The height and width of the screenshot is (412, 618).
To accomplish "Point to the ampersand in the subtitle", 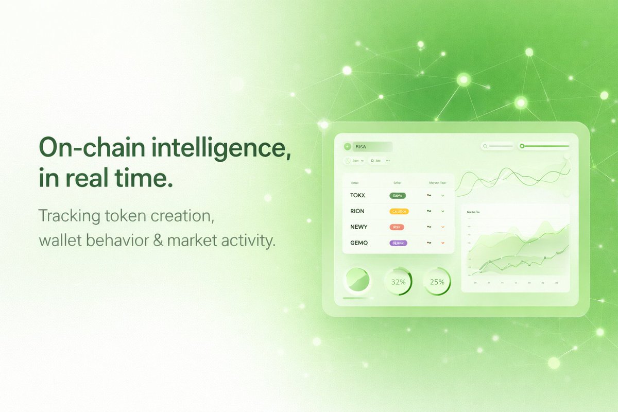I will (x=158, y=239).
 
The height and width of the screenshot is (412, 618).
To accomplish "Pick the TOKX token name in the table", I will (x=357, y=196).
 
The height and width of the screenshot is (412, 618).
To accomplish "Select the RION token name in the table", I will (x=357, y=211).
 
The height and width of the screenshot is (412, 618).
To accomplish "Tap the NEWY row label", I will (x=358, y=227).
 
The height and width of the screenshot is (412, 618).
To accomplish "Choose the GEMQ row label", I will (x=359, y=243).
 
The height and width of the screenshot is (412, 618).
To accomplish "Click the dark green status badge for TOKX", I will (x=398, y=196).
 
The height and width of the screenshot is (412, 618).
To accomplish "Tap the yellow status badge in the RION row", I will (x=399, y=211).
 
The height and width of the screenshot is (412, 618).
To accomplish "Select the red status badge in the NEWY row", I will (x=397, y=227).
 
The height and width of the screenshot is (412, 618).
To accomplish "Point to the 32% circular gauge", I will (x=398, y=282).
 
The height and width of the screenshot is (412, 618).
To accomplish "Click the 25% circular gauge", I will (x=437, y=282).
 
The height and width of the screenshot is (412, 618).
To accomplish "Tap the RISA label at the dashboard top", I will (x=360, y=147).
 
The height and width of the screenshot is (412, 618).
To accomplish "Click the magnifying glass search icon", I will (x=485, y=147).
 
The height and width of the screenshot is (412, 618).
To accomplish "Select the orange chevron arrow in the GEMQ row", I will (x=442, y=243).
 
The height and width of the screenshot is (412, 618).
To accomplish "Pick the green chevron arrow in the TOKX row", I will (x=442, y=196).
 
